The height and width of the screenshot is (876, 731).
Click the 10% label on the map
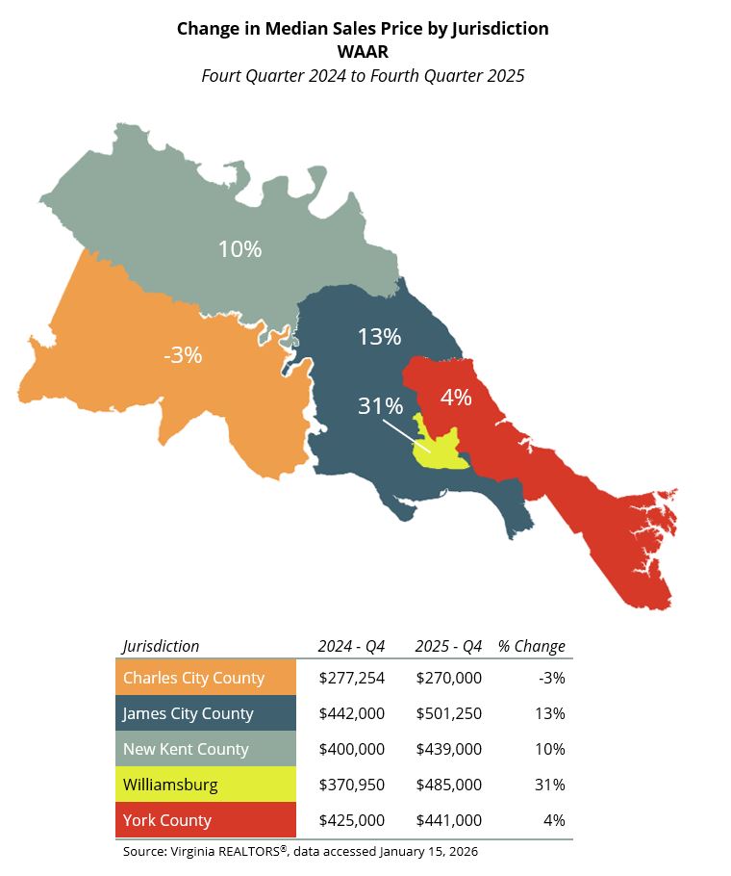(239, 249)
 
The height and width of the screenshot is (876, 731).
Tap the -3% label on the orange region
(183, 355)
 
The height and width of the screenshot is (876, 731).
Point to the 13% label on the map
(379, 337)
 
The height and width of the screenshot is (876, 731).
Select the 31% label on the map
(379, 406)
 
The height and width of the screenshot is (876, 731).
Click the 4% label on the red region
(456, 397)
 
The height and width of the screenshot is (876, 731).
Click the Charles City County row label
(193, 678)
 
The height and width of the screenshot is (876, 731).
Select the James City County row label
(189, 713)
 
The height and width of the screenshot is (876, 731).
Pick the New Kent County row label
(186, 749)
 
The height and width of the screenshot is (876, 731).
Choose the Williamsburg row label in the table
(170, 785)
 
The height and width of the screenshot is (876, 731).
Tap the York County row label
(167, 820)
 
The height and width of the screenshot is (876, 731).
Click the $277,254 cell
(351, 678)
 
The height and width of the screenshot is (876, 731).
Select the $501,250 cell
(448, 713)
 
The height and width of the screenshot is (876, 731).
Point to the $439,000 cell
(448, 749)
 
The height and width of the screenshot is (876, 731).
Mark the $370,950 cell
(351, 785)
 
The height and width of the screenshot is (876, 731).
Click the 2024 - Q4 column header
(351, 646)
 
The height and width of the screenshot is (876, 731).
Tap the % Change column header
(532, 646)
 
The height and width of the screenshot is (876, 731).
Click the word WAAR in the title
(363, 52)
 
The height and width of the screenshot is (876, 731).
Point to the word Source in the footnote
(143, 852)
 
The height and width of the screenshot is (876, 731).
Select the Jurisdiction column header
(162, 646)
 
